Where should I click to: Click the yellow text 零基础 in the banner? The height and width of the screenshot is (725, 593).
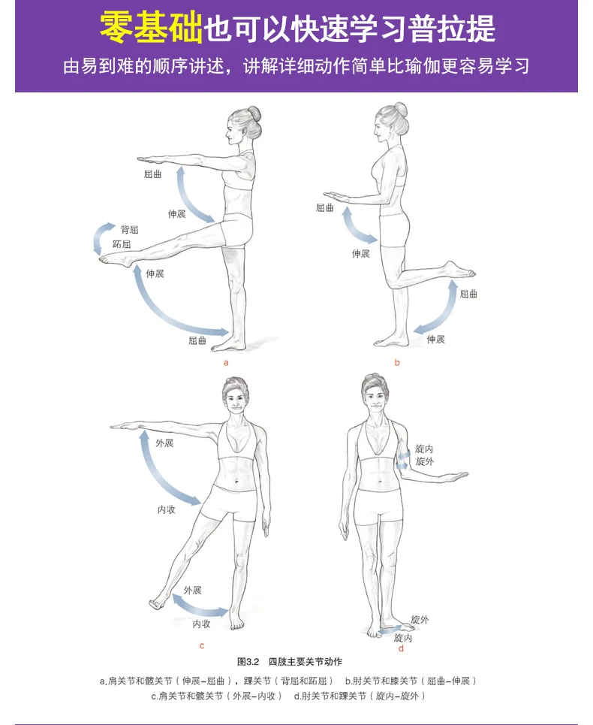coord(151,27)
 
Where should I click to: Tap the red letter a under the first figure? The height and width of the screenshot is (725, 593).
coord(226,363)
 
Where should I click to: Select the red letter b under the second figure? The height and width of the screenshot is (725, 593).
coord(397,362)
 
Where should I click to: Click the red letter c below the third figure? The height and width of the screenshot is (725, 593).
coord(202,646)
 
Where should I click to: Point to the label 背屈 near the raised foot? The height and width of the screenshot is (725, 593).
coord(130,230)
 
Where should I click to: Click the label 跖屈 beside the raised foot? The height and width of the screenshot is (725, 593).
coord(122,244)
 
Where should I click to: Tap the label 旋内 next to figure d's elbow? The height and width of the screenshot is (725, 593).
coord(424,449)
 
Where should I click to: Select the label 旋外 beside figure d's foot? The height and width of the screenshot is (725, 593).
coord(420,620)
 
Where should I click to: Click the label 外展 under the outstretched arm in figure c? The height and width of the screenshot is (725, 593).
coord(164,443)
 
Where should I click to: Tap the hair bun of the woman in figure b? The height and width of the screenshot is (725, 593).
coord(400,110)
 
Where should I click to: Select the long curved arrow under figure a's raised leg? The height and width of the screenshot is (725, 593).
coord(159,313)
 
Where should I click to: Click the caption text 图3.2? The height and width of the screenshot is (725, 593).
coord(248,662)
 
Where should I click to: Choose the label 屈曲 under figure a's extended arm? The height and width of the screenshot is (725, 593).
coord(153,174)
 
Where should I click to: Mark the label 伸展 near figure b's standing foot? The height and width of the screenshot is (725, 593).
coord(435,340)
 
